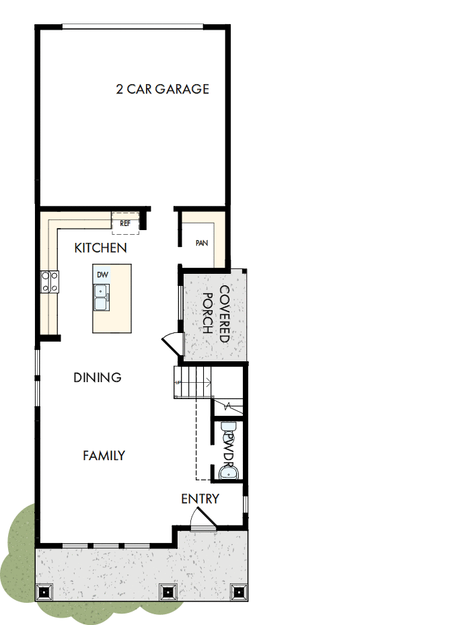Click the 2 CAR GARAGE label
tap(162, 89)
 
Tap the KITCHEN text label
tap(100, 248)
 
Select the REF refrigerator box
tap(125, 223)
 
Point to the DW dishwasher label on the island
tap(102, 274)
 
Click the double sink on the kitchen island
tap(102, 297)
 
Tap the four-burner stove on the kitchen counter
tap(49, 281)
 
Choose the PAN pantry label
tap(200, 243)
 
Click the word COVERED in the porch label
tap(224, 314)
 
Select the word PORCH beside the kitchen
tap(208, 314)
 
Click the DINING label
tap(98, 377)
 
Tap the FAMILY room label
tap(104, 455)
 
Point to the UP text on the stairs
tap(178, 383)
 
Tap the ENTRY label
tap(200, 499)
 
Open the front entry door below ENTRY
tap(201, 519)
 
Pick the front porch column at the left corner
tap(45, 592)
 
